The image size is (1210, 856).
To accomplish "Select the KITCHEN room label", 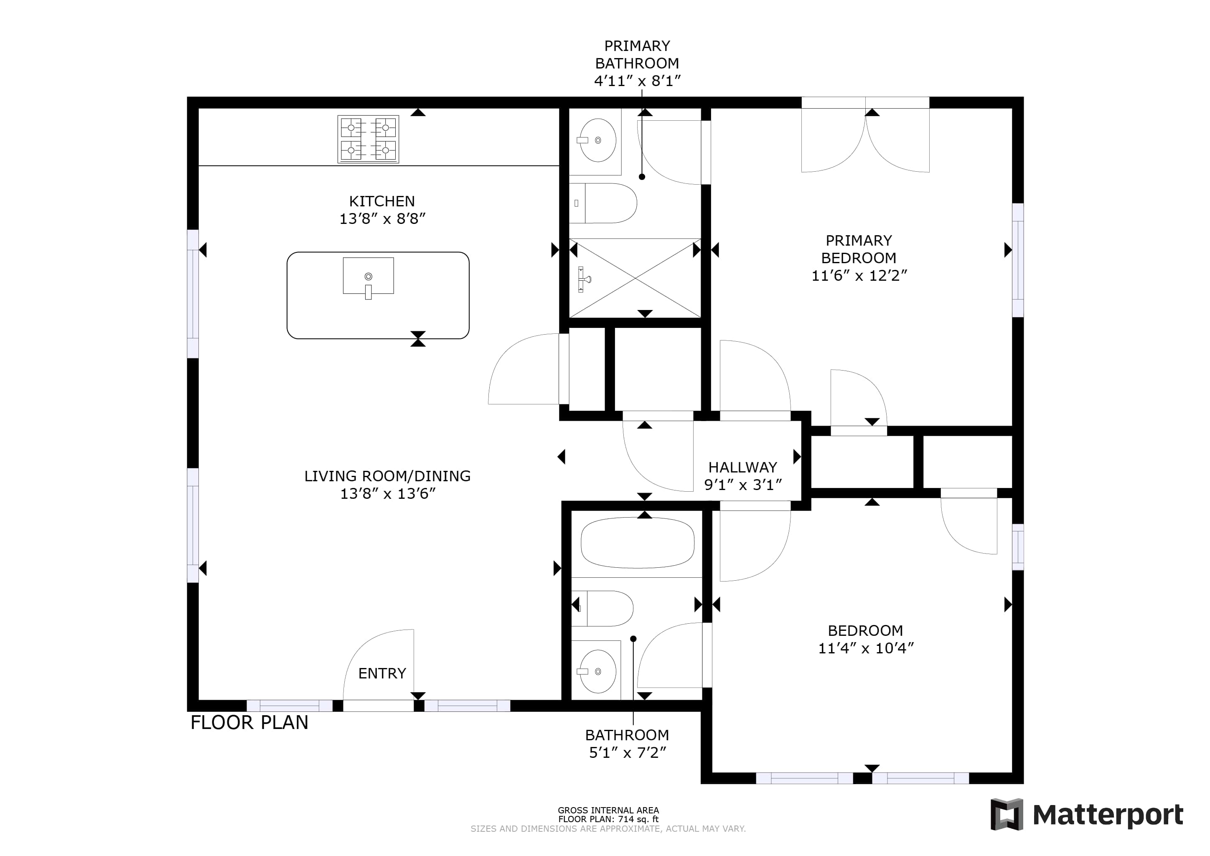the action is pyautogui.click(x=381, y=201).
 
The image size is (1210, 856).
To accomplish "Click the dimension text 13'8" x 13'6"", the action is pyautogui.click(x=387, y=494).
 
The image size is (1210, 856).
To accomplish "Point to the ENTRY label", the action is pyautogui.click(x=382, y=673).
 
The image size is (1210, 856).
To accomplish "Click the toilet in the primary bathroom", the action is pyautogui.click(x=603, y=203).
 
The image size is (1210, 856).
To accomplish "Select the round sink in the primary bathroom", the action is pyautogui.click(x=597, y=140).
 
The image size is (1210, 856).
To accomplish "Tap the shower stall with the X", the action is pyautogui.click(x=635, y=278).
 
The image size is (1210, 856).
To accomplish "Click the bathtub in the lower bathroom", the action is pyautogui.click(x=638, y=544).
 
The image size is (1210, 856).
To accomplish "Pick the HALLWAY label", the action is pyautogui.click(x=742, y=467).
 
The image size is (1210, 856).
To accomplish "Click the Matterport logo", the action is pyautogui.click(x=1087, y=815).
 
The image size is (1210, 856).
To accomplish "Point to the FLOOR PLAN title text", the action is pyautogui.click(x=249, y=723).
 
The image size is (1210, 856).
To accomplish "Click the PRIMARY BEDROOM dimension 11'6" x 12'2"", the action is pyautogui.click(x=859, y=276).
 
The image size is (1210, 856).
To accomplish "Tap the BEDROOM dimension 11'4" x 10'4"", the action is pyautogui.click(x=865, y=648).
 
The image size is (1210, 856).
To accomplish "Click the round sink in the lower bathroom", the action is pyautogui.click(x=597, y=671).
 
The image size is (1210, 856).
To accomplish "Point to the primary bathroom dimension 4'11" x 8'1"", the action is pyautogui.click(x=637, y=81).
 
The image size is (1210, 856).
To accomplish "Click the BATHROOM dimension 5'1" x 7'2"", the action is pyautogui.click(x=627, y=753).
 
